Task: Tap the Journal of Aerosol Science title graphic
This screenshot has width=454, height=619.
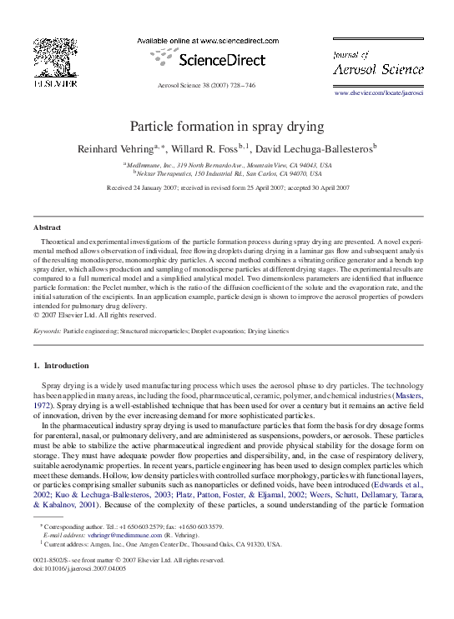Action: tap(378, 63)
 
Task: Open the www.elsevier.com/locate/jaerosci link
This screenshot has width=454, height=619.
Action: tap(379, 93)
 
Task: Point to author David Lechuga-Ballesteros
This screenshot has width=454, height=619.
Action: tap(315, 148)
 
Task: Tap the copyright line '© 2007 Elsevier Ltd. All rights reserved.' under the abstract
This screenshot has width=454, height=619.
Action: tap(94, 315)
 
